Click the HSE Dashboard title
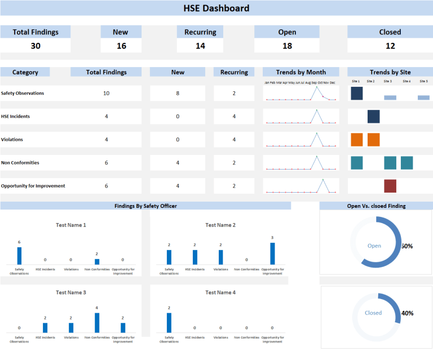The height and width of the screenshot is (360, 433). (216, 8)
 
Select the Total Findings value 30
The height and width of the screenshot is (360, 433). (36, 46)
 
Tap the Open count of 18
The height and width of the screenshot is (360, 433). (287, 46)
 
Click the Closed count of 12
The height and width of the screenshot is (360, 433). (390, 46)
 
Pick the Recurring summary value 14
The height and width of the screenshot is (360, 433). (200, 46)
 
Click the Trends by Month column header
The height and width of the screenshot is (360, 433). (301, 72)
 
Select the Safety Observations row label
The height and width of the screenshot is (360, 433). (23, 93)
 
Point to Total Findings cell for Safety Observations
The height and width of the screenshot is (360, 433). (106, 93)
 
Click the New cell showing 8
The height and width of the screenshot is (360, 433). (178, 93)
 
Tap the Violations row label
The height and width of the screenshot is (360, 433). (13, 139)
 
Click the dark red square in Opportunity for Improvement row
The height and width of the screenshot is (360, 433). (390, 186)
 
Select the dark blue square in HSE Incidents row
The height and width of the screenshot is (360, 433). (373, 116)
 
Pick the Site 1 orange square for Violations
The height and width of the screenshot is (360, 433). (356, 139)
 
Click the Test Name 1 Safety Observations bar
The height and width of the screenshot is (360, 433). (19, 255)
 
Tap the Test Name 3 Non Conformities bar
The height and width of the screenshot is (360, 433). (97, 322)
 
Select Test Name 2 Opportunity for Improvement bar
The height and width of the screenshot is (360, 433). (272, 253)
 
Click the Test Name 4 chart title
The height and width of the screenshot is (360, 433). (220, 292)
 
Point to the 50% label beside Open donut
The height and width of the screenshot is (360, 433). (407, 246)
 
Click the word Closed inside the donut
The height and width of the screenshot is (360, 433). (373, 313)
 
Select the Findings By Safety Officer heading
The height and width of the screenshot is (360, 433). (145, 206)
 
